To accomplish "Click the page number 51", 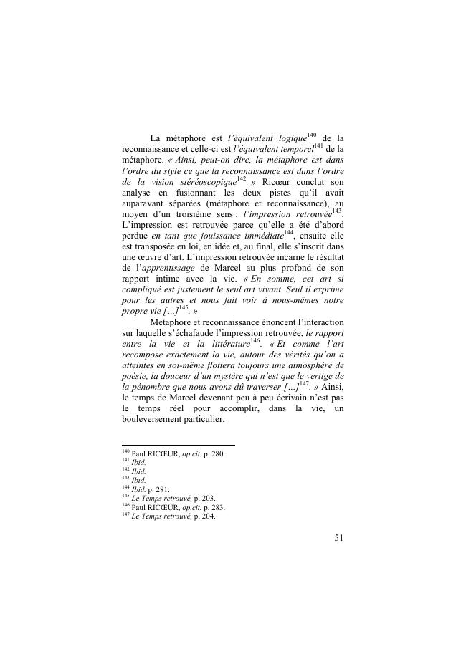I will point(339,539).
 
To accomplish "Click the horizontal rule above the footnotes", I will point(179,445).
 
